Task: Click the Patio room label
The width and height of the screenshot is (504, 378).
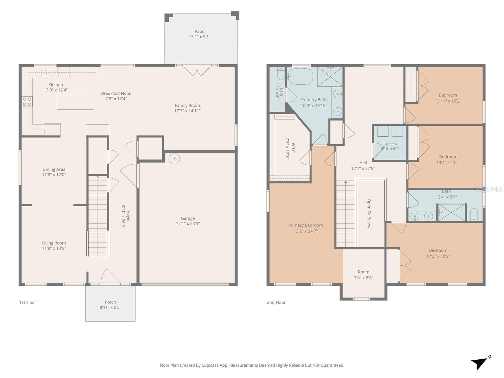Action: (199, 31)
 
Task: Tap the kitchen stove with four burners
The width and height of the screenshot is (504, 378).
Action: (27, 102)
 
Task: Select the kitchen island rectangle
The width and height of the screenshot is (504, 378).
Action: (75, 102)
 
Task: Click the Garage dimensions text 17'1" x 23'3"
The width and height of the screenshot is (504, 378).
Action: (188, 224)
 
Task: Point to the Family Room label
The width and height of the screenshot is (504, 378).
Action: (187, 106)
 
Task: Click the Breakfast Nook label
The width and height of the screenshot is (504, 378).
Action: (116, 94)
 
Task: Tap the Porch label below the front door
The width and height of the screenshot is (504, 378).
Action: (110, 302)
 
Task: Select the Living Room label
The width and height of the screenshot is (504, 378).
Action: (54, 243)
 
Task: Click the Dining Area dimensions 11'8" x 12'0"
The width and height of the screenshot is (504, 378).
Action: (54, 175)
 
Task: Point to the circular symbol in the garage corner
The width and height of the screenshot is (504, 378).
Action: (174, 158)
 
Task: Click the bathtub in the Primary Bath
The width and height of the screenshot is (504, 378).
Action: (300, 77)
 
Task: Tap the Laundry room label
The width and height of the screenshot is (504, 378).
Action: (390, 144)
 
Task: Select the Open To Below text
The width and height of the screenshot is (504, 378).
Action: (369, 214)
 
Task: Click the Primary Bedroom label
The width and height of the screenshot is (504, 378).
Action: (305, 225)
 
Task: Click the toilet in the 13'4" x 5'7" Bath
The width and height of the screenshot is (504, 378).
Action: (474, 215)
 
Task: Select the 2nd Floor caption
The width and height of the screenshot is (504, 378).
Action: (276, 302)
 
